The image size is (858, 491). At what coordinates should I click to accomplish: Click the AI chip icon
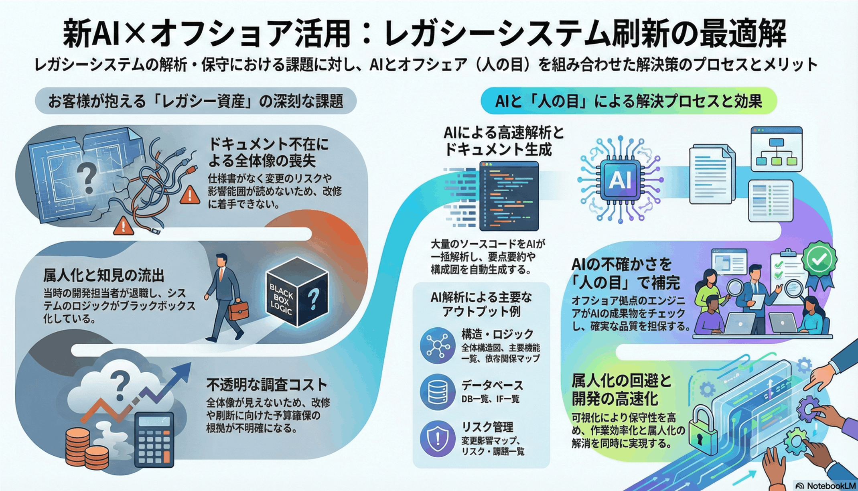coord(620,180)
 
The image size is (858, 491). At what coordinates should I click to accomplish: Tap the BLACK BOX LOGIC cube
coord(297,292)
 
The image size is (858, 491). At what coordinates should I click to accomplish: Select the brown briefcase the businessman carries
coord(238,311)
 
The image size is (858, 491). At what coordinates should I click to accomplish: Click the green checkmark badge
coord(819,260)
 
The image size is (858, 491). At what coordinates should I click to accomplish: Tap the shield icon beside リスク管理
coord(438,438)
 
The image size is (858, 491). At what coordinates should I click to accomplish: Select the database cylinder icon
coord(438,392)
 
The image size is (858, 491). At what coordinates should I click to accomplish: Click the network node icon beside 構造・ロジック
coord(438,345)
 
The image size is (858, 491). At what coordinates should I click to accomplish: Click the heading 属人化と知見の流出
coord(104,276)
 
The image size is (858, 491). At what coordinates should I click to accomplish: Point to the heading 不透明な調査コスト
coord(267,385)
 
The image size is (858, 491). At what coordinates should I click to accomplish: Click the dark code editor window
coord(509,196)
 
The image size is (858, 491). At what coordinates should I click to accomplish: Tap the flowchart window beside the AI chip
coord(777,149)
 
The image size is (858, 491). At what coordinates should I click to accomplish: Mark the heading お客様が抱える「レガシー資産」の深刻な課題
coord(196,101)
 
